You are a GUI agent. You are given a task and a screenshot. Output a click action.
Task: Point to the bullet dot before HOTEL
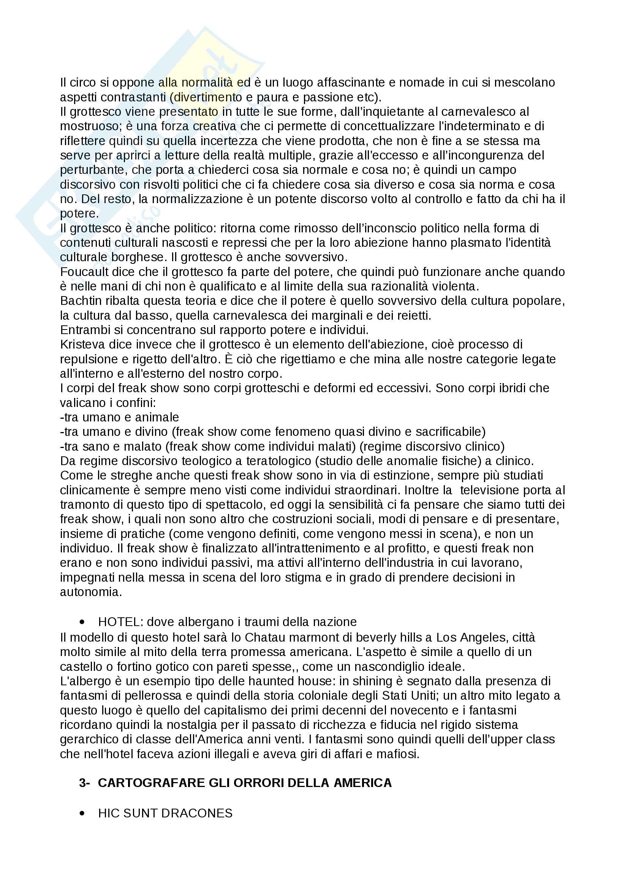point(82,622)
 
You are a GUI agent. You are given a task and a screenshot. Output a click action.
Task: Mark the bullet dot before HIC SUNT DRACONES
point(82,813)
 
